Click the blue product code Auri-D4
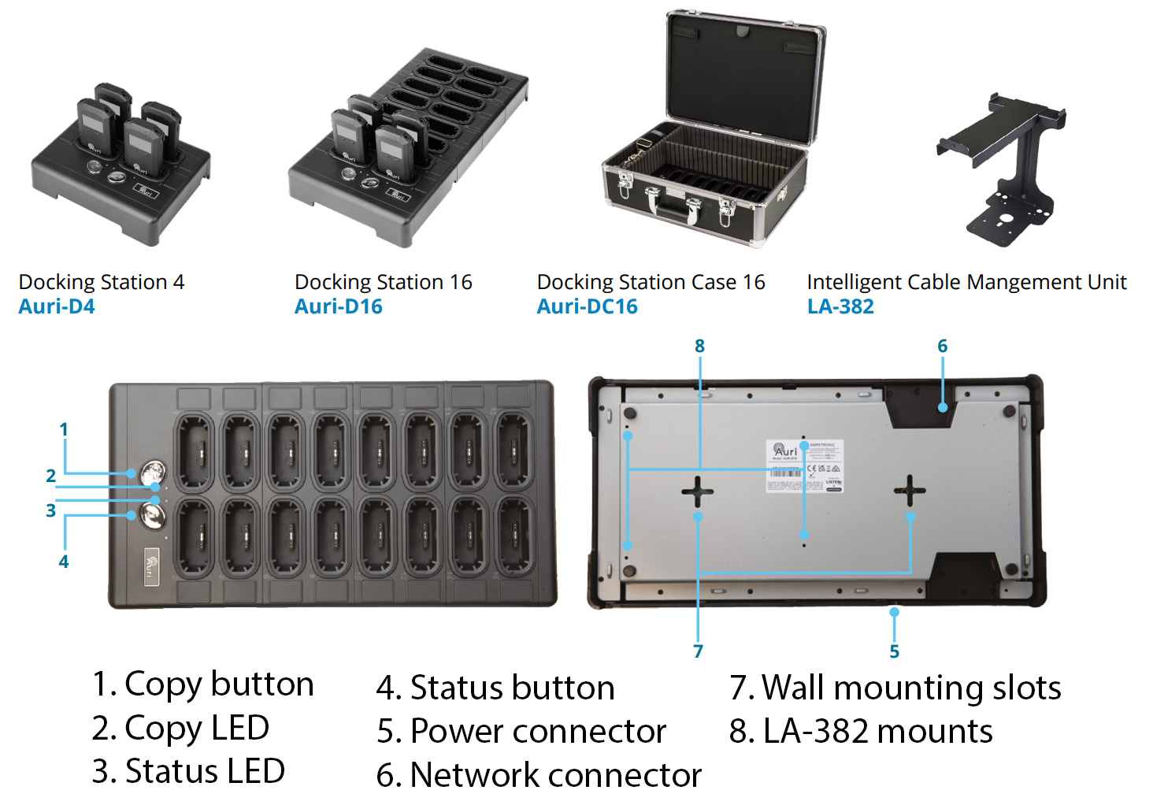click(x=57, y=306)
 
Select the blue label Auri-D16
click(x=339, y=306)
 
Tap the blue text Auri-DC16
click(x=587, y=306)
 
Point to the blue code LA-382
click(x=840, y=306)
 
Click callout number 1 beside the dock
click(x=64, y=429)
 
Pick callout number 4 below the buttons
click(x=64, y=562)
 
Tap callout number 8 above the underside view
click(x=699, y=346)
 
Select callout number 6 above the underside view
click(x=943, y=346)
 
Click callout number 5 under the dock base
click(x=894, y=651)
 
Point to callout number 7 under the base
click(x=698, y=651)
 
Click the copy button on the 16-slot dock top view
click(x=153, y=473)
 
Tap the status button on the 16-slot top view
click(x=153, y=517)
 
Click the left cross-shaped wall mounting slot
click(x=698, y=492)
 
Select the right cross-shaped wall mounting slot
click(x=910, y=491)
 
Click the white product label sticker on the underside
click(x=805, y=466)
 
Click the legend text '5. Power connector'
click(x=521, y=731)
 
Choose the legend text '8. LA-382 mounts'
click(x=861, y=731)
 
